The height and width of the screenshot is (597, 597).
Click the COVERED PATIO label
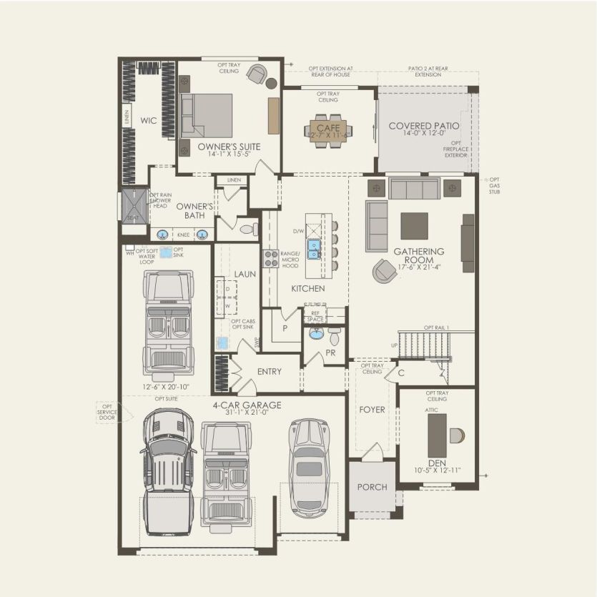[x=424, y=126]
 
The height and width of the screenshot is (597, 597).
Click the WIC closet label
[x=148, y=121]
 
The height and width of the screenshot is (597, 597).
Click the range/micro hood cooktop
[x=271, y=258]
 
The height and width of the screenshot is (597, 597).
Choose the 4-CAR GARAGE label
[x=247, y=405]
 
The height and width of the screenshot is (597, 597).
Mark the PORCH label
[x=372, y=487]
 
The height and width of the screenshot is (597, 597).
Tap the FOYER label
[x=372, y=410]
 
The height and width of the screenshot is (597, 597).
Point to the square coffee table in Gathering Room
[x=414, y=226]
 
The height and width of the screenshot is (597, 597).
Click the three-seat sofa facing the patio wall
[x=414, y=189]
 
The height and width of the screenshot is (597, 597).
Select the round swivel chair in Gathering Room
[x=385, y=270]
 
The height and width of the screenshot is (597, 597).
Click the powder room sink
[x=316, y=333]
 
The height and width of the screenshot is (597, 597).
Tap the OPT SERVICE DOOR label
[x=109, y=412]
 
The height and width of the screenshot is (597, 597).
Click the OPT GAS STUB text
[x=494, y=184]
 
